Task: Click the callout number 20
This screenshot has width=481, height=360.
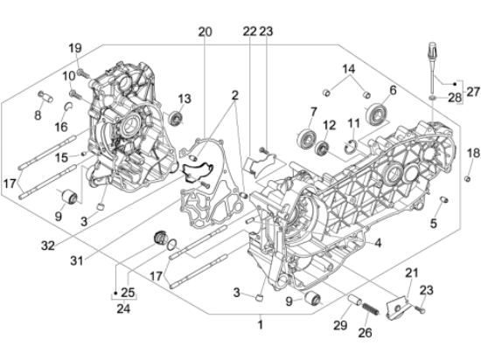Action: [205, 32]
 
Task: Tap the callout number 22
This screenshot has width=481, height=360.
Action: [249, 32]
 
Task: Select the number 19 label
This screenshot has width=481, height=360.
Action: [75, 48]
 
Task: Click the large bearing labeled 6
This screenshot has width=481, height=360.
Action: [379, 112]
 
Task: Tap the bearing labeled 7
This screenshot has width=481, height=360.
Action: [306, 136]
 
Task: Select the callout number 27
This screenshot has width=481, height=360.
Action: [473, 91]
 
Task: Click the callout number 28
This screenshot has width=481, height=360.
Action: [454, 97]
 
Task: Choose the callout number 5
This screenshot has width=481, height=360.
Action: [433, 224]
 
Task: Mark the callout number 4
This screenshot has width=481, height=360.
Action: [378, 245]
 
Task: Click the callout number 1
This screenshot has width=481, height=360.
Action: [259, 324]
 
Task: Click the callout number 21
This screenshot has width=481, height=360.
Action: [412, 273]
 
